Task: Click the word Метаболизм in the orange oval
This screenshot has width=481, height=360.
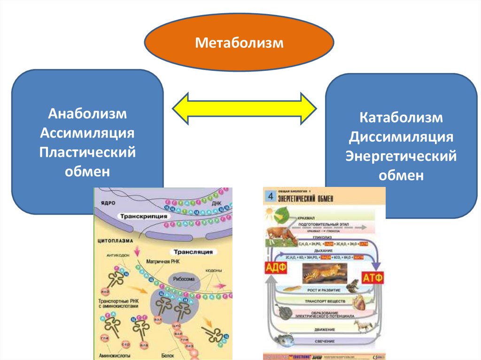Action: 240,44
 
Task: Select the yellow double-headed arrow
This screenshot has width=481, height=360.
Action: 244,109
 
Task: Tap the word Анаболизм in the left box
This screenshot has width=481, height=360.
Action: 88,115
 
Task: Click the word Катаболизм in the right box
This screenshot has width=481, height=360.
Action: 401,117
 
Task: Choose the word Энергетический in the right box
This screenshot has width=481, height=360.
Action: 401,156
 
